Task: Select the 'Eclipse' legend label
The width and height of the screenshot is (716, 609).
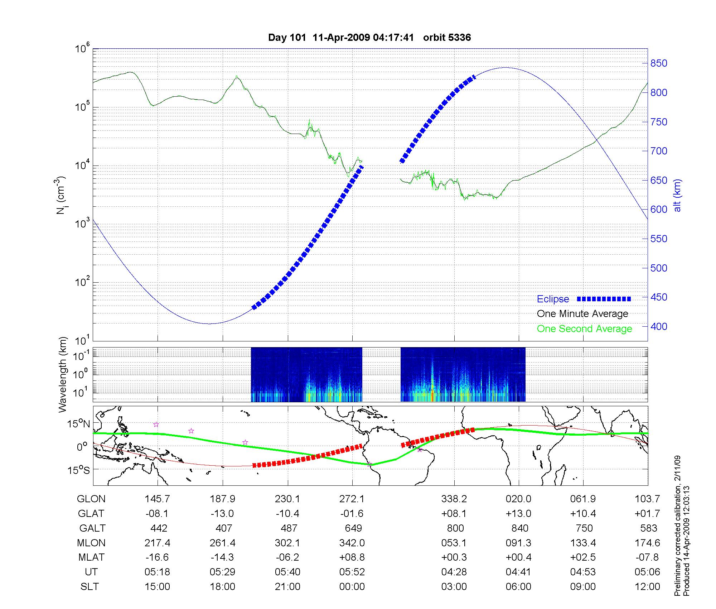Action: coord(553,299)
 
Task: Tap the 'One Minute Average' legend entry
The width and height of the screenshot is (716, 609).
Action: coord(582,314)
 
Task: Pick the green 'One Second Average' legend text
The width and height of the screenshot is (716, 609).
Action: coord(584,329)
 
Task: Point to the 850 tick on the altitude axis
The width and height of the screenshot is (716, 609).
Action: coord(659,63)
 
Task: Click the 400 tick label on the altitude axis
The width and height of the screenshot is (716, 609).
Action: coord(659,327)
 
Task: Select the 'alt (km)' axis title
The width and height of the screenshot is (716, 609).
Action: coord(677,196)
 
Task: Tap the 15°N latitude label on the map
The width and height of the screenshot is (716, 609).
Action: coord(79,424)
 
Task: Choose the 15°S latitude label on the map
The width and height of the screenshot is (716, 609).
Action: coord(79,470)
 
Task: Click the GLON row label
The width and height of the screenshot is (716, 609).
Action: coord(91,499)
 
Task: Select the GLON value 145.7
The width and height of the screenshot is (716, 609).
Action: coord(158,499)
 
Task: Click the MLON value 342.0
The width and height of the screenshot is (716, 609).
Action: coord(352,543)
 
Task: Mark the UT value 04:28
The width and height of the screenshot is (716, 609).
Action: coord(454,572)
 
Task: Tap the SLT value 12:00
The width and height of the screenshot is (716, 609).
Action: coord(647,587)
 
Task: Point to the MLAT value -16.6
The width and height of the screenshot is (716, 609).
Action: coord(158,557)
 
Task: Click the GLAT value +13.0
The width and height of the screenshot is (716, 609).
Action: coord(518,514)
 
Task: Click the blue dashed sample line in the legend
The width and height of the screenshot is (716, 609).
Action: coord(604,299)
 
